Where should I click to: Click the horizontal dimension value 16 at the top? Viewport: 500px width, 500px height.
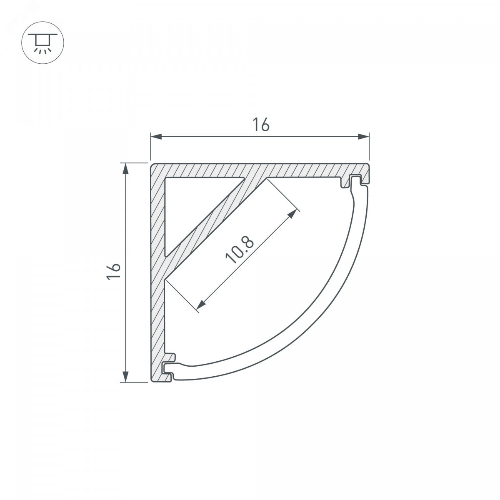click(x=261, y=125)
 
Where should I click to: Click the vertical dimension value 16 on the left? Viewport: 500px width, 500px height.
click(x=114, y=271)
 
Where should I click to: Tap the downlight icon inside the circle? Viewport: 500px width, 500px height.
click(x=42, y=43)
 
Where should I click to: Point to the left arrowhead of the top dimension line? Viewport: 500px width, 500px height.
click(x=156, y=137)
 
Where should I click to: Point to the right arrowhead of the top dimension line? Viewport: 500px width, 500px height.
click(x=363, y=137)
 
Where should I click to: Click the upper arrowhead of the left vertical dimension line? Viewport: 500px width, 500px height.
click(x=125, y=169)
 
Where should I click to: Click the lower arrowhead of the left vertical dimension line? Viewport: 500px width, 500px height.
click(x=125, y=377)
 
